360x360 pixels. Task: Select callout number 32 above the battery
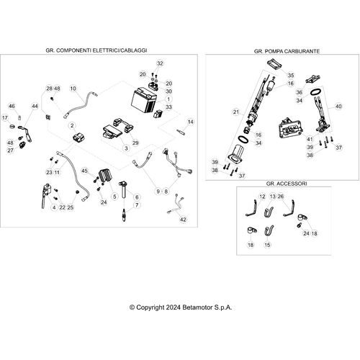pos(160,63)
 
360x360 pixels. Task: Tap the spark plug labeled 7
pos(124,215)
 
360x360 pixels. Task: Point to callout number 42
pos(183,220)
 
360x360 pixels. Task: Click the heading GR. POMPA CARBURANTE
pos(287,51)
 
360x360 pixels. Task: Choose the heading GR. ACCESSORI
pos(287,184)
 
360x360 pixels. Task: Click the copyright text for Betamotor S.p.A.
pos(181,307)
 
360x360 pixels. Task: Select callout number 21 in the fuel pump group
pos(236,112)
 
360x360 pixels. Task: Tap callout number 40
pos(338,106)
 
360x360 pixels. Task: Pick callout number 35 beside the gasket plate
pos(291,76)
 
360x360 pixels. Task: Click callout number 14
pos(191,122)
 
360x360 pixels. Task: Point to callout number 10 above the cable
pos(73,89)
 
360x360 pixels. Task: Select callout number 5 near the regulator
pos(114,197)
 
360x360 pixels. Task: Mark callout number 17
pos(5,117)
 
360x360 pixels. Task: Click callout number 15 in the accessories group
pos(267,245)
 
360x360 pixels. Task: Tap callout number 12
pos(262,197)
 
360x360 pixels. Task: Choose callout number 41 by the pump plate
pos(310,139)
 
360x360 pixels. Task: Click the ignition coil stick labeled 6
pos(124,190)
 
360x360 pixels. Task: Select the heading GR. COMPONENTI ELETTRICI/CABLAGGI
pos(96,50)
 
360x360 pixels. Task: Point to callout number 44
pos(35,106)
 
